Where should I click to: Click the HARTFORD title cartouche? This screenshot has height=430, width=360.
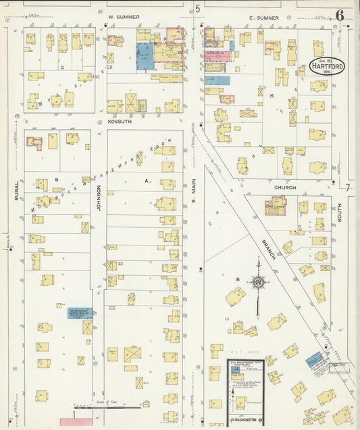[326, 66]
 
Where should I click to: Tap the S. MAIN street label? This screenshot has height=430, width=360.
[192, 193]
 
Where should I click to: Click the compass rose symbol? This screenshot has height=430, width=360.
[257, 282]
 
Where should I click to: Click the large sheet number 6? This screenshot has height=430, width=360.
[338, 15]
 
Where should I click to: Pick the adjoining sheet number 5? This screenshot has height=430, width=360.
[197, 8]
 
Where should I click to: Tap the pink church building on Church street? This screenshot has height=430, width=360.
[276, 206]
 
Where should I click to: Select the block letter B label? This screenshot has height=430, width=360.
[57, 179]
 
